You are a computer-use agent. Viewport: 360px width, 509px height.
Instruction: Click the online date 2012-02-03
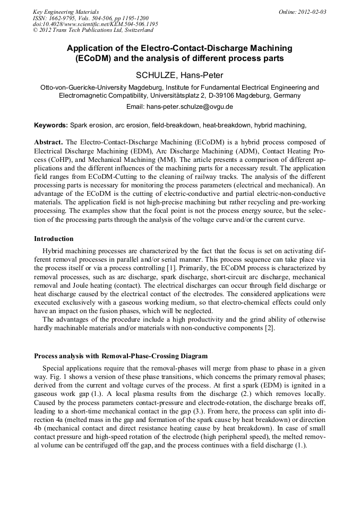(312, 12)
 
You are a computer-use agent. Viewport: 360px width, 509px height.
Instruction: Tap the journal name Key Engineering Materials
(66, 12)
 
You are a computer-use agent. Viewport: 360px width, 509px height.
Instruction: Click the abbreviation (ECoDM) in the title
(95, 58)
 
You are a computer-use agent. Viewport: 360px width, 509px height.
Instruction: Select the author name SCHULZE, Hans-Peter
(179, 75)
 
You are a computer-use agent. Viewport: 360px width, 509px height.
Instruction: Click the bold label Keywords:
(51, 125)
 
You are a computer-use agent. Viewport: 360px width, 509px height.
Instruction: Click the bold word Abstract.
(48, 143)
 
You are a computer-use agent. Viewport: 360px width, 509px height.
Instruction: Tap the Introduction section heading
(54, 239)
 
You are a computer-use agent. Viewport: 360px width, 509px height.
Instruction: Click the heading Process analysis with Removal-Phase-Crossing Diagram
(121, 356)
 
